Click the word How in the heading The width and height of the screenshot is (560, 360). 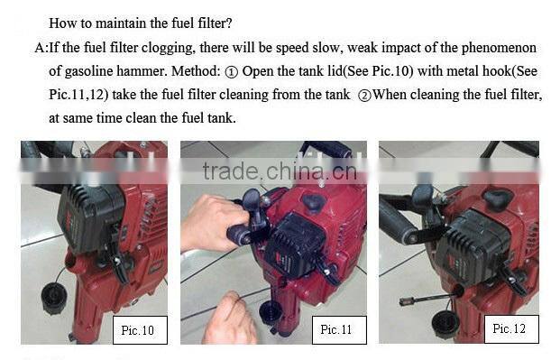pos(61,22)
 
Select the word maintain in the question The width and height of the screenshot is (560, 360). pos(114,22)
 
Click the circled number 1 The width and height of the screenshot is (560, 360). pos(232,71)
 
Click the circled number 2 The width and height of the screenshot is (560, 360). pos(364,95)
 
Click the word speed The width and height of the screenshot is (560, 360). pos(289,48)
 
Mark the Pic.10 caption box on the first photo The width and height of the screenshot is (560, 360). pos(137,330)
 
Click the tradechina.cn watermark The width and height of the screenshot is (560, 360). pos(279,171)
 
